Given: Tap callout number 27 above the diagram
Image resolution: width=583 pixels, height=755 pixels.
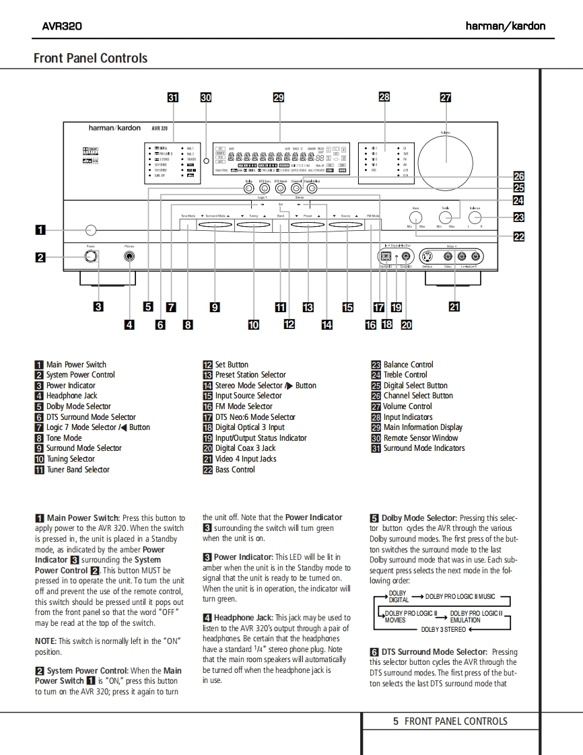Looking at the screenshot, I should click(445, 97).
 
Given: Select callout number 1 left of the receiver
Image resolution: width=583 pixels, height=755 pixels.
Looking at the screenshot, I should click(40, 229).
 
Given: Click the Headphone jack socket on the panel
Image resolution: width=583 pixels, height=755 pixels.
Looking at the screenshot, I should click(129, 256).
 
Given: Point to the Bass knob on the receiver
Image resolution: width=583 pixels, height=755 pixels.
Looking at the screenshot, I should click(415, 218).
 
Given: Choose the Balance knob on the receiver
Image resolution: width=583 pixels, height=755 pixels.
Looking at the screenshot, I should click(475, 218).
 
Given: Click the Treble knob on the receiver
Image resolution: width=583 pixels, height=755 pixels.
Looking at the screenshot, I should click(445, 218).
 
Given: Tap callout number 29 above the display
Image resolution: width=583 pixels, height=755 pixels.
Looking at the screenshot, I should click(279, 97).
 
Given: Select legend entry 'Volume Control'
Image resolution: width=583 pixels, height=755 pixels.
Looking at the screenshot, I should click(407, 406).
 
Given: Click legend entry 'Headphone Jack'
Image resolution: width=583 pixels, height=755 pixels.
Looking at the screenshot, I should click(71, 396).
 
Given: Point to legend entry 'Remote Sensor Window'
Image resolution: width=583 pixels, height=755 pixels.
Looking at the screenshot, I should click(421, 438).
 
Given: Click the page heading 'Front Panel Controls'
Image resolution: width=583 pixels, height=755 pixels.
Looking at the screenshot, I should click(90, 58).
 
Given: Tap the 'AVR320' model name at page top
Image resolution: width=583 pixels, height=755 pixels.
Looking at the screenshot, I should click(62, 26).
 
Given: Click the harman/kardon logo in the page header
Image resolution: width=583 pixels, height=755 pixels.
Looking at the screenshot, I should click(505, 26).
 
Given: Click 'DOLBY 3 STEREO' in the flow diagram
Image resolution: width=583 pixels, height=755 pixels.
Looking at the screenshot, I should click(443, 630).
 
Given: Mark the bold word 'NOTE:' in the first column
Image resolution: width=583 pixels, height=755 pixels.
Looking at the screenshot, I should click(46, 641).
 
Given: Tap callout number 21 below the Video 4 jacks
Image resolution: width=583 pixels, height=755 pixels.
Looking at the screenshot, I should click(454, 307).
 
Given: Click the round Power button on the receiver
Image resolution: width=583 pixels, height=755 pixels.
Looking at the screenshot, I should click(91, 256).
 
